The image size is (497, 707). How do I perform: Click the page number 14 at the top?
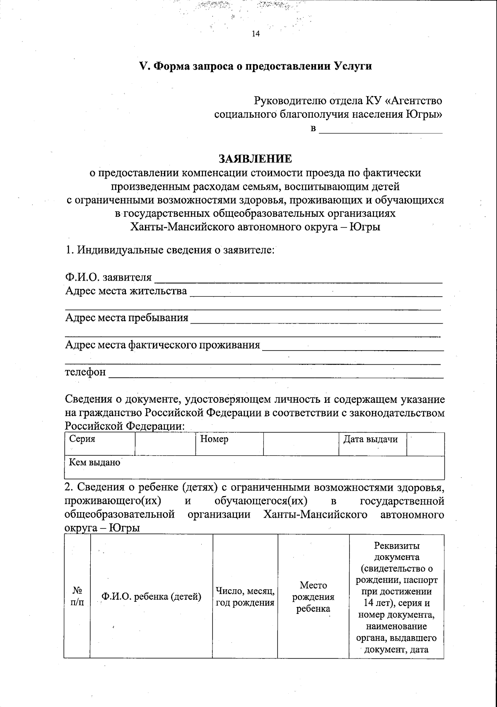pyautogui.click(x=255, y=34)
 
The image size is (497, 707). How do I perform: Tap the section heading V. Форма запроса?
pyautogui.click(x=255, y=66)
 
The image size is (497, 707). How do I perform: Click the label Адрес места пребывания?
pyautogui.click(x=127, y=318)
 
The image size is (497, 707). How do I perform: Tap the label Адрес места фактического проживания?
pyautogui.click(x=163, y=345)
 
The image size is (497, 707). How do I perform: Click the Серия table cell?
pyautogui.click(x=100, y=443)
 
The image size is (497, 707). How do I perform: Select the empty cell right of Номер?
pyautogui.click(x=301, y=444)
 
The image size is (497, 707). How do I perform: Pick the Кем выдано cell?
pyautogui.click(x=254, y=467)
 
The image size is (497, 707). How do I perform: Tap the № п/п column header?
pyautogui.click(x=77, y=596)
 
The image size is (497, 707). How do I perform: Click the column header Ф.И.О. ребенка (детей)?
pyautogui.click(x=151, y=597)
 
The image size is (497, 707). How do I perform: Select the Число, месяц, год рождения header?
pyautogui.click(x=245, y=597)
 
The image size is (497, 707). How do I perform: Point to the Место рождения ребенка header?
pyautogui.click(x=313, y=597)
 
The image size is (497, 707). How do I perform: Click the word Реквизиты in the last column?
pyautogui.click(x=396, y=546)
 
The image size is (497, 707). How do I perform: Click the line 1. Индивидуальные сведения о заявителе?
pyautogui.click(x=170, y=250)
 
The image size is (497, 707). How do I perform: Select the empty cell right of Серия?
pyautogui.click(x=165, y=443)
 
